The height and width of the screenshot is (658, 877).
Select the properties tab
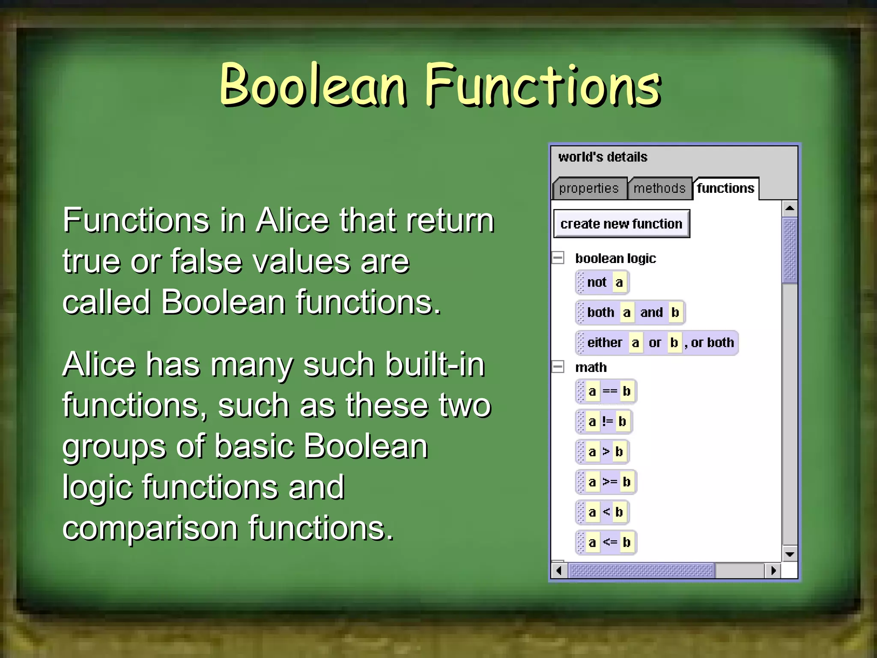(x=588, y=188)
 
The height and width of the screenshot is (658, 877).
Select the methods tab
(x=659, y=188)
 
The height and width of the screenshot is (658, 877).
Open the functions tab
(x=725, y=188)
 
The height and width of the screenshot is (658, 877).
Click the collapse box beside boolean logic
(x=558, y=258)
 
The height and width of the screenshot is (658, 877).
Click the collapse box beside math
(x=558, y=367)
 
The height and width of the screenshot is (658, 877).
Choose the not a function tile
(x=603, y=282)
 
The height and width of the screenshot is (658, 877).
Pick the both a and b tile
(x=630, y=312)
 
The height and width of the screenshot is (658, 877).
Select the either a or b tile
(x=657, y=343)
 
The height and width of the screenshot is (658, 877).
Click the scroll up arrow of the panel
(x=790, y=209)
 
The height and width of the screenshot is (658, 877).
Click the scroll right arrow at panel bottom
(x=773, y=571)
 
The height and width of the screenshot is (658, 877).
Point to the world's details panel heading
(x=603, y=157)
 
